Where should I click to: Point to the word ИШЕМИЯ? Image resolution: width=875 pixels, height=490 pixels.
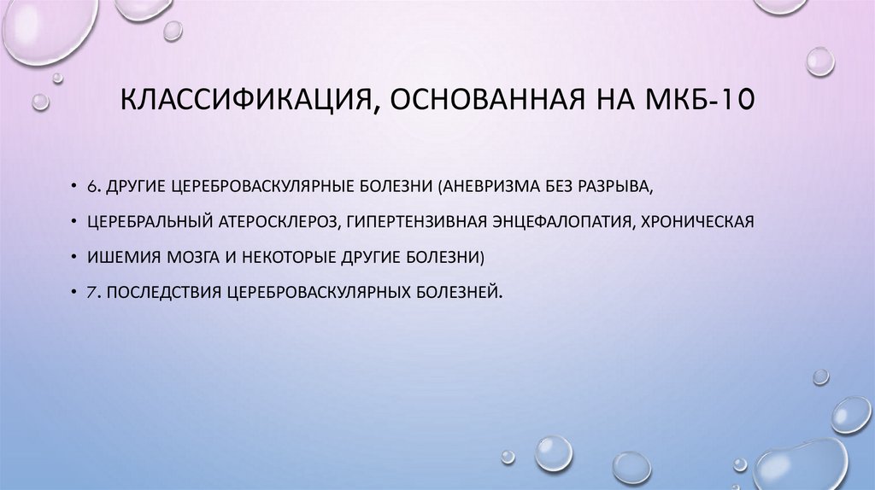click(x=116, y=256)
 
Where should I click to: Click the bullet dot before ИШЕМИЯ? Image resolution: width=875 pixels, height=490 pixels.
click(x=75, y=256)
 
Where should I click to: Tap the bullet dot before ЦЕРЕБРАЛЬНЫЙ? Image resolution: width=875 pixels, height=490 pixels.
click(x=75, y=221)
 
